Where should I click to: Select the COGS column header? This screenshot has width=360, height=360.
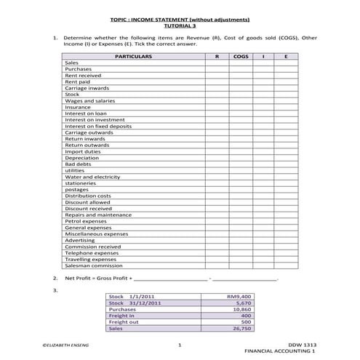coord(240,56)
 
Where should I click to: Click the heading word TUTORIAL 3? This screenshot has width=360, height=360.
coord(180,25)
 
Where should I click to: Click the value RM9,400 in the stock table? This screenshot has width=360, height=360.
coord(239,297)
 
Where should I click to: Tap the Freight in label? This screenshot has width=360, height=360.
coord(121,316)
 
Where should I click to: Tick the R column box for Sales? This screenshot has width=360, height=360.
coord(216,63)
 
